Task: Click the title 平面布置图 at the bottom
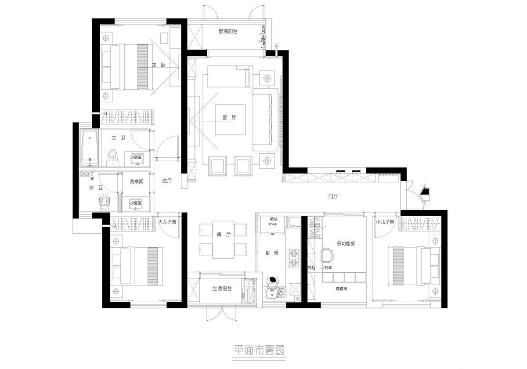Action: click(259, 350)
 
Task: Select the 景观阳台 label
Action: click(228, 32)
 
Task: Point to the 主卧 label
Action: click(159, 65)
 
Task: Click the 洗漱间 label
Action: click(136, 181)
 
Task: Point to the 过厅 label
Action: click(166, 181)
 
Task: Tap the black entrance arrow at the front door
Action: click(424, 190)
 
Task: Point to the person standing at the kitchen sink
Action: click(273, 281)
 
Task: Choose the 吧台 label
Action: click(274, 219)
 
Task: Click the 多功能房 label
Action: click(345, 243)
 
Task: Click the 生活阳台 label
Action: click(222, 289)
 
